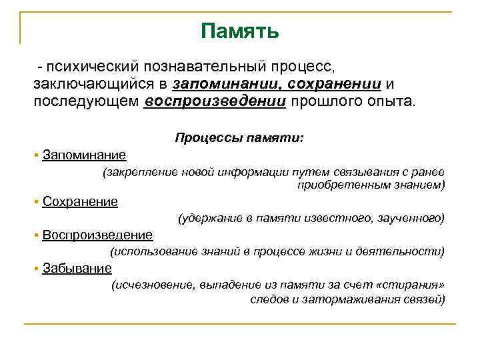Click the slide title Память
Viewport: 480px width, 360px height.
[x=239, y=31]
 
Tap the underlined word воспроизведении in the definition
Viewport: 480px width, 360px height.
[x=215, y=102]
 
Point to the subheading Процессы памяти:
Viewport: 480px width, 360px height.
[x=239, y=137]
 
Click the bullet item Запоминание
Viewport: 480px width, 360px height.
[x=83, y=155]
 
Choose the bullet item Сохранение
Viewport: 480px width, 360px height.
[x=79, y=201]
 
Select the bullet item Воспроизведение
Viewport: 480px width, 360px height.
[x=97, y=235]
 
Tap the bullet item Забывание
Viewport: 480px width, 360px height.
[x=77, y=268]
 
